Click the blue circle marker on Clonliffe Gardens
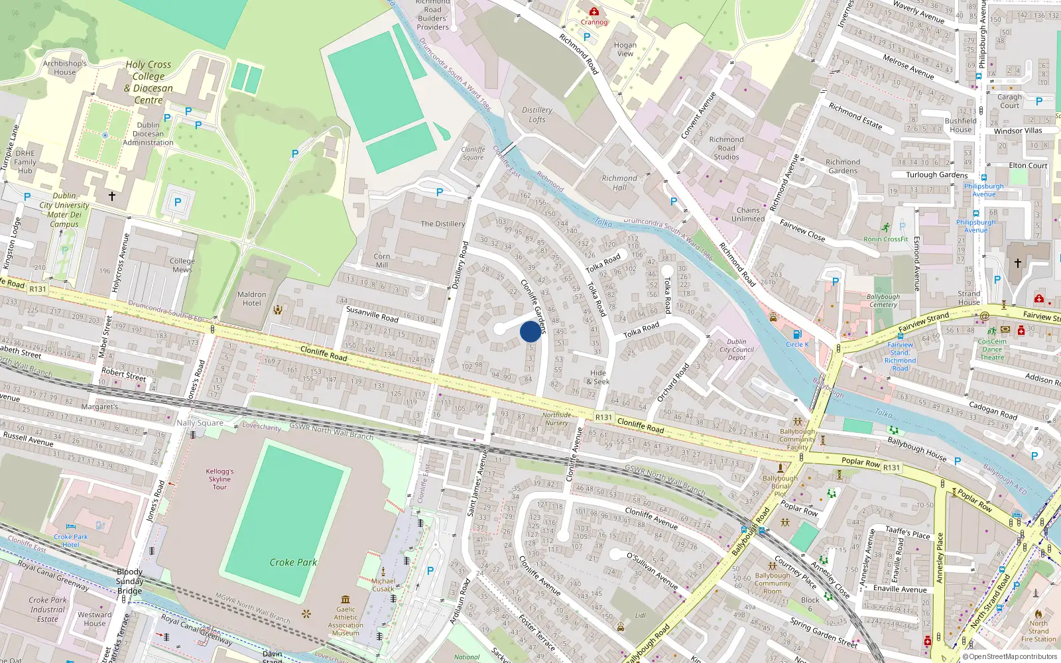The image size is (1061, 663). click(530, 331)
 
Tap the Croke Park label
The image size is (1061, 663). click(293, 562)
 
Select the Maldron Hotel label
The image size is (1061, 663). click(252, 299)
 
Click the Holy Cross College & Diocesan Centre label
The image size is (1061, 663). click(149, 82)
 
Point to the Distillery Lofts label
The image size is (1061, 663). click(537, 115)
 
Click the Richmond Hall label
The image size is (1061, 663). click(619, 182)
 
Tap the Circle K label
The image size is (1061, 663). click(797, 344)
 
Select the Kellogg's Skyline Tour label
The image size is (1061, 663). click(219, 479)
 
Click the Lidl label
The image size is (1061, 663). click(641, 615)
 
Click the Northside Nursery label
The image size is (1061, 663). click(556, 419)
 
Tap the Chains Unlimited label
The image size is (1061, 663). click(748, 214)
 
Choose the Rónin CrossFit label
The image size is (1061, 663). click(886, 239)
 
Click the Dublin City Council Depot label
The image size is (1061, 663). click(737, 349)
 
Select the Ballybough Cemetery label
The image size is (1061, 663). click(883, 300)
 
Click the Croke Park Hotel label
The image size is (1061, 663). click(71, 540)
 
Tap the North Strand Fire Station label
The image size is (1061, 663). click(1038, 631)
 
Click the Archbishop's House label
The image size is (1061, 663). click(65, 68)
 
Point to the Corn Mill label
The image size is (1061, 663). click(382, 261)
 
